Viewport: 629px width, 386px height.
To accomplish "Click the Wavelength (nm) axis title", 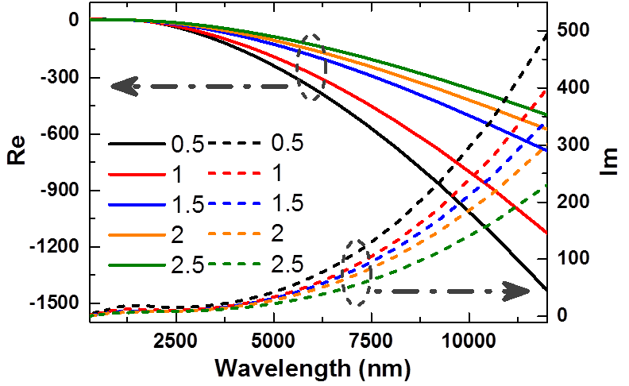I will tap(312, 369).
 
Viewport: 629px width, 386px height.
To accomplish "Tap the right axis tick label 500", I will tap(573, 30).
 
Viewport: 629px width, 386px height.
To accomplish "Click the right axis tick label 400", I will tap(573, 87).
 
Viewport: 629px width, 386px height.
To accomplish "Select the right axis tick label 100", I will tap(573, 258).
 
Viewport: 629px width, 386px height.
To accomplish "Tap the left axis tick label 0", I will tap(73, 19).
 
